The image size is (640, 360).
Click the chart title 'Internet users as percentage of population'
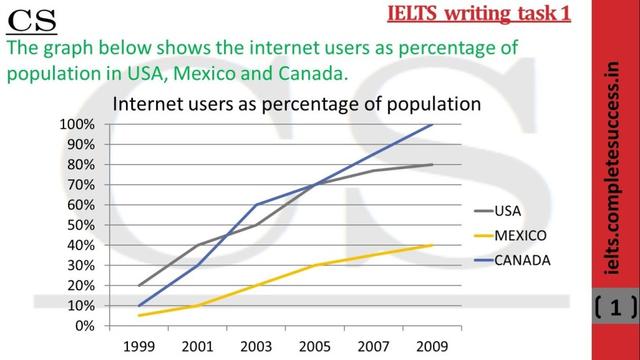click(296, 103)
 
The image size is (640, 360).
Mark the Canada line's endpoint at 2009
click(432, 124)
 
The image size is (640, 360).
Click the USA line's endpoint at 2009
click(432, 164)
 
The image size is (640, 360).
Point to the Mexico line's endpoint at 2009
click(432, 245)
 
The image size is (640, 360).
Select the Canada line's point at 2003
click(255, 205)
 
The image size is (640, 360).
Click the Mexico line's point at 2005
click(314, 265)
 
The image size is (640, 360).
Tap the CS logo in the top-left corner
click(31, 19)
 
